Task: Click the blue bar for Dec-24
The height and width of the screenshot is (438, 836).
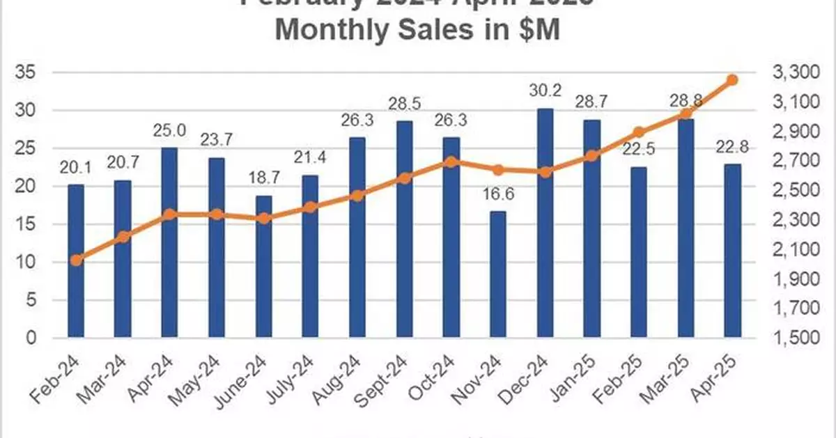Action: tap(545, 223)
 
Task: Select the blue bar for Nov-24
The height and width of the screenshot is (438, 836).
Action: tap(498, 274)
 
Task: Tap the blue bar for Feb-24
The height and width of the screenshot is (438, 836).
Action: tap(75, 261)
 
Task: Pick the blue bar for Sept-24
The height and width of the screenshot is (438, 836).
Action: tap(404, 229)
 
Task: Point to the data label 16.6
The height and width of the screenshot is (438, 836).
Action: tap(498, 197)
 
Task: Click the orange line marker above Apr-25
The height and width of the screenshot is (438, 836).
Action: tap(732, 80)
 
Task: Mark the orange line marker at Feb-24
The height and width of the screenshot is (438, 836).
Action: tap(76, 260)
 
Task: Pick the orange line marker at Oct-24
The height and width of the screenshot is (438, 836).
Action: tap(451, 162)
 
